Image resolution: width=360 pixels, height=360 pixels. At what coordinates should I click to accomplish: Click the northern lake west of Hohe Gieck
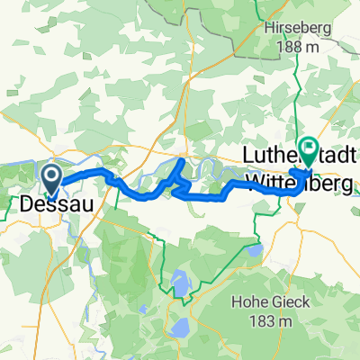tap(179, 282)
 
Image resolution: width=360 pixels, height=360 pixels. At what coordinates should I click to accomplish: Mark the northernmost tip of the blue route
tap(184, 160)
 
